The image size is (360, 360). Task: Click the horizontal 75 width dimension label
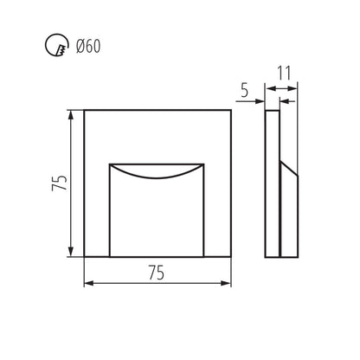click(x=157, y=272)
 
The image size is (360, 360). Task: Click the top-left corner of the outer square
click(x=84, y=109)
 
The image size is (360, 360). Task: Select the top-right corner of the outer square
click(x=232, y=109)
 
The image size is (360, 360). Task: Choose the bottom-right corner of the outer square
click(x=232, y=257)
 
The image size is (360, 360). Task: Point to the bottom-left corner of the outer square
click(x=84, y=257)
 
